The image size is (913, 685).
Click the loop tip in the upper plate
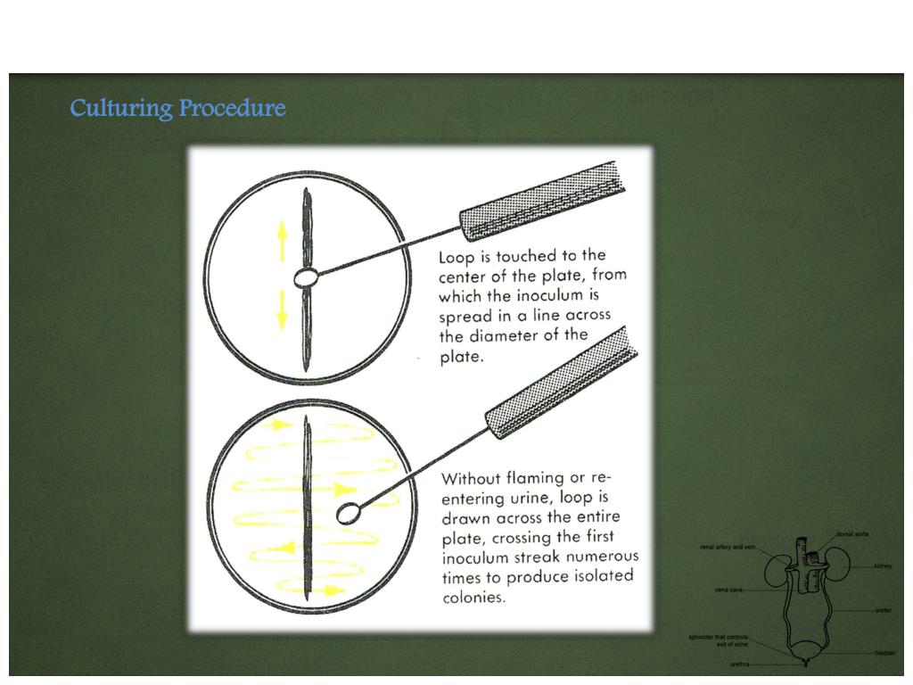point(305,278)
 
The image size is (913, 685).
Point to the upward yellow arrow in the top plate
point(283,239)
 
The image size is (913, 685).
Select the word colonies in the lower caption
point(474,597)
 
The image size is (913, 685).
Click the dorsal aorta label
point(852,534)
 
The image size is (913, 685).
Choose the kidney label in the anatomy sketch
point(883,565)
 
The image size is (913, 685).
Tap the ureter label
point(883,610)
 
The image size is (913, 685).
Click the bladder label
point(884,653)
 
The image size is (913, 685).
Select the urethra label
point(739,664)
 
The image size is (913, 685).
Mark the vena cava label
point(728,590)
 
